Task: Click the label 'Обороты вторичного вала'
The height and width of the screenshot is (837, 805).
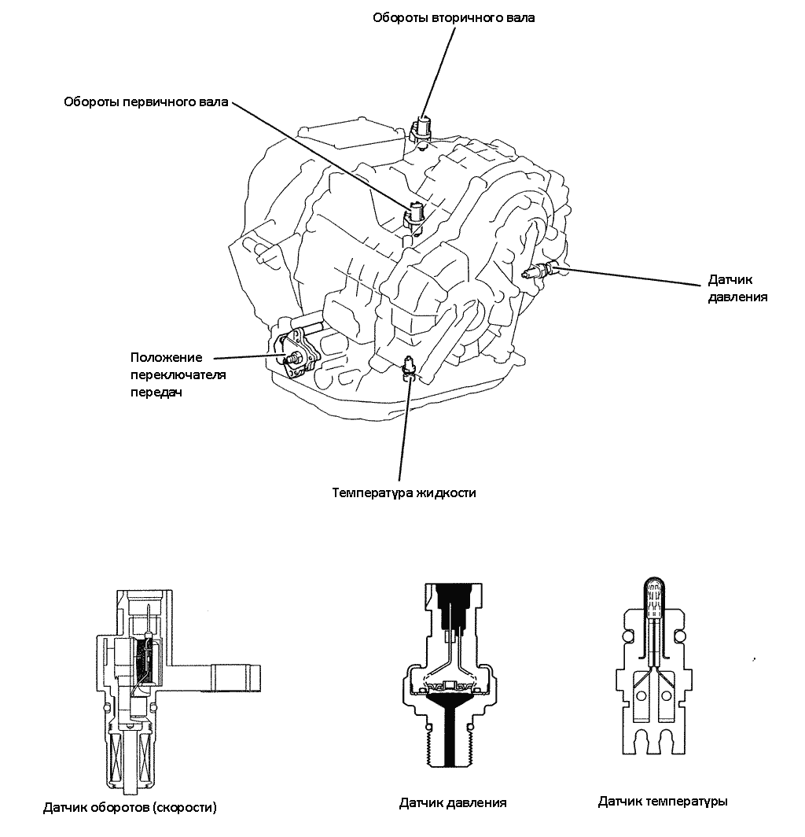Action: coord(454,17)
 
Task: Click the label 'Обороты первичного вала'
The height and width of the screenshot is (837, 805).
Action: coord(145,101)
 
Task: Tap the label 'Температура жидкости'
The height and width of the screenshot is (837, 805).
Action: coord(404,492)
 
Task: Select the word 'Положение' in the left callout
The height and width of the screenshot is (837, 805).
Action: coord(167,357)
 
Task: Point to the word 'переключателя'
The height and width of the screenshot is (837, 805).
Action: coord(178,374)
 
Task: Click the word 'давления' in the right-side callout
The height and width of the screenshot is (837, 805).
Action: coord(737,297)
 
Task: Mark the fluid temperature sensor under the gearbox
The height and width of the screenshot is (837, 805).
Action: coord(409,367)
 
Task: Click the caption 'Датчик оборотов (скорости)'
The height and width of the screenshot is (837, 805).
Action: coord(130,808)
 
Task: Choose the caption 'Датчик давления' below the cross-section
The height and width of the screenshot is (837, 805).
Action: coord(453,802)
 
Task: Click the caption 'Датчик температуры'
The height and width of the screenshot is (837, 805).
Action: coord(663,801)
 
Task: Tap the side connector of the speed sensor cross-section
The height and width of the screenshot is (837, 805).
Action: coord(235,677)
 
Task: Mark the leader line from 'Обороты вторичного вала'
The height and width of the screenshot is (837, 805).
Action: coord(439,72)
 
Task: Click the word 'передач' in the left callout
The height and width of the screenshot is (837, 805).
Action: coord(156,393)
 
